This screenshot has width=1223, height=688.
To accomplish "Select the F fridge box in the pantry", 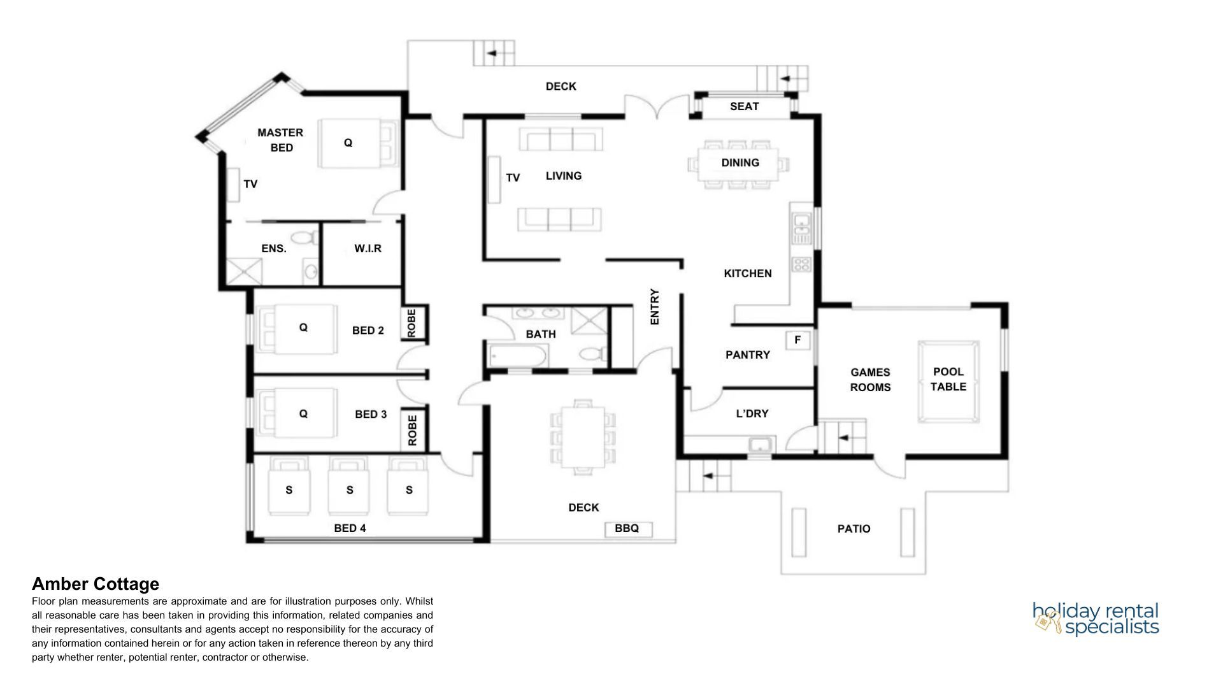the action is point(797,341).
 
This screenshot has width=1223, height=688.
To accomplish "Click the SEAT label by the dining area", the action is point(744,106).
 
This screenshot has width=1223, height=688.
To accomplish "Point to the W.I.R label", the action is point(368,248).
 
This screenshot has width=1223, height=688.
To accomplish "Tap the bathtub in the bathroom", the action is point(517,356).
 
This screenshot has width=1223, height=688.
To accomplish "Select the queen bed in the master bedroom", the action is point(357,143).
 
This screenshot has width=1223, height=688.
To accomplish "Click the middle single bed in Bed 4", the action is point(349,486).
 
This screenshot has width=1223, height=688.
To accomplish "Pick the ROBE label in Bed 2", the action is point(411,323).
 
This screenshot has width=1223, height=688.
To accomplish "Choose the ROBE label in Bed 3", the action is point(411,430).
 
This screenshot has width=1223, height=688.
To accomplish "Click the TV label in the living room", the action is point(513,178).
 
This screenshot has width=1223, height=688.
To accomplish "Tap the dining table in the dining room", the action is point(738,164).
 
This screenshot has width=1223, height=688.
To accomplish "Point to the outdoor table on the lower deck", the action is point(582,437).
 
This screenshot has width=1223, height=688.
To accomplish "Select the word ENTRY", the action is point(654,307).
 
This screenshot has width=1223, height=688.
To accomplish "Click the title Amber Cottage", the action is point(96,584).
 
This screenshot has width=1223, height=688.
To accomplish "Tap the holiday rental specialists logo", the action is point(1096,619).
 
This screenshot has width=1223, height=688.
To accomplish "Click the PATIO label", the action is point(854,529).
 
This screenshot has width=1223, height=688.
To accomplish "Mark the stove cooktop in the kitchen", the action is point(801,264).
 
